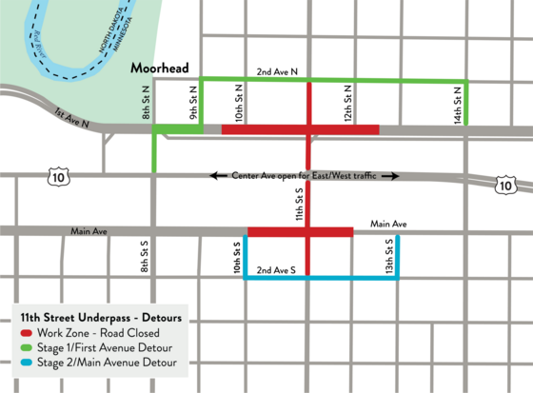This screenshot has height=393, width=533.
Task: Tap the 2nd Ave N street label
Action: (x=277, y=71)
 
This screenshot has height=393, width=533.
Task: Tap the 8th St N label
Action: (x=146, y=102)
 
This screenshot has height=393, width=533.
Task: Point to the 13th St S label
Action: (x=389, y=256)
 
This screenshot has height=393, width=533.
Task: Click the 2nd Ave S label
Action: (x=276, y=269)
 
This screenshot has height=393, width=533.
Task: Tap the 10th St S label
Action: (x=238, y=257)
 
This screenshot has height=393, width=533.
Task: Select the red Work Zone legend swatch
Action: (x=27, y=332)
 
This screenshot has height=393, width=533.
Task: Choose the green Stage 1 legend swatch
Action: (x=27, y=347)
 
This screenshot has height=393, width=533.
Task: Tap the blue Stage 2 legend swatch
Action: (x=27, y=363)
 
